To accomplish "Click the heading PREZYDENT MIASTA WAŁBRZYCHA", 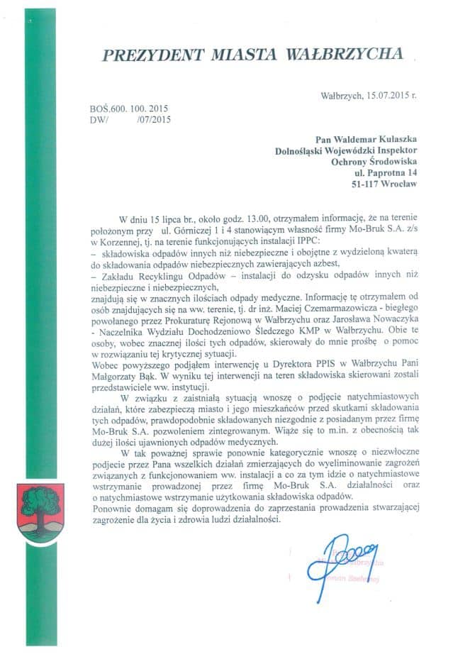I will click(253, 55).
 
